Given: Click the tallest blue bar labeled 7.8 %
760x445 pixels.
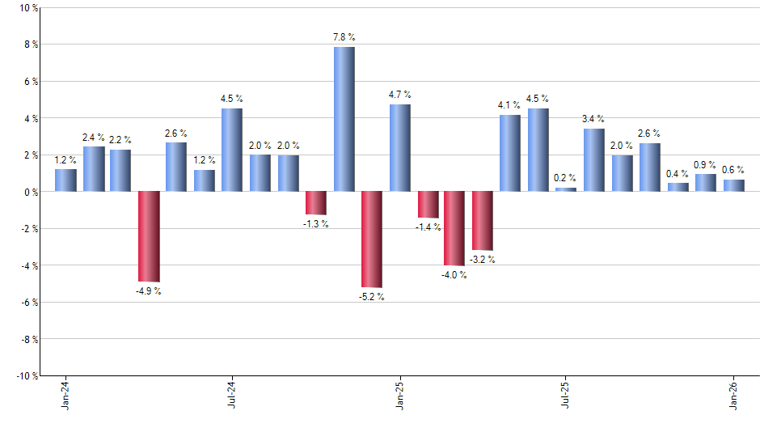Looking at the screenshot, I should pyautogui.click(x=344, y=119).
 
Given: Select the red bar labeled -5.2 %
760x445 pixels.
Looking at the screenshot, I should pyautogui.click(x=372, y=239).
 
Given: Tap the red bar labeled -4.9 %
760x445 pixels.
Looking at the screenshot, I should pyautogui.click(x=149, y=236).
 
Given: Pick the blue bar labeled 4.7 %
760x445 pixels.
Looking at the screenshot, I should pyautogui.click(x=399, y=148).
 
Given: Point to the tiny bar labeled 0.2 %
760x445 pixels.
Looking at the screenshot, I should pyautogui.click(x=566, y=189).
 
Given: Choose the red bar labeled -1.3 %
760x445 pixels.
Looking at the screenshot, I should pyautogui.click(x=316, y=203).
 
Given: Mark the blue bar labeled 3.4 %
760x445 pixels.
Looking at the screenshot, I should pyautogui.click(x=594, y=160).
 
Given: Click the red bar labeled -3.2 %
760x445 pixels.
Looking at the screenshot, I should pyautogui.click(x=483, y=221).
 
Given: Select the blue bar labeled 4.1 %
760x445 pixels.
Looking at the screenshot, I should pyautogui.click(x=510, y=154).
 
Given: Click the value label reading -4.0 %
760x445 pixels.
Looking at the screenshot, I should pyautogui.click(x=454, y=275).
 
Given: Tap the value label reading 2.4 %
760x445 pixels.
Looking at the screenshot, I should pyautogui.click(x=93, y=138).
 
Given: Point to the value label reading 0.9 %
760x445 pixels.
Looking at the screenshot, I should pyautogui.click(x=705, y=165).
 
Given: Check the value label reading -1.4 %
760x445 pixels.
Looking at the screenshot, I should pyautogui.click(x=429, y=227).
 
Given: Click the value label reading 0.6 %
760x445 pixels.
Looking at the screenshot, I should pyautogui.click(x=733, y=170).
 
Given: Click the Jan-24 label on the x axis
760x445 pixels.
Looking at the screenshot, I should pyautogui.click(x=65, y=396).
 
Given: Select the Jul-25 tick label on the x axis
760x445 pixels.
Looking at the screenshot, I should pyautogui.click(x=566, y=396).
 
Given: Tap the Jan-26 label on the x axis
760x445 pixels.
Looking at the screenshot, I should pyautogui.click(x=733, y=396).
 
